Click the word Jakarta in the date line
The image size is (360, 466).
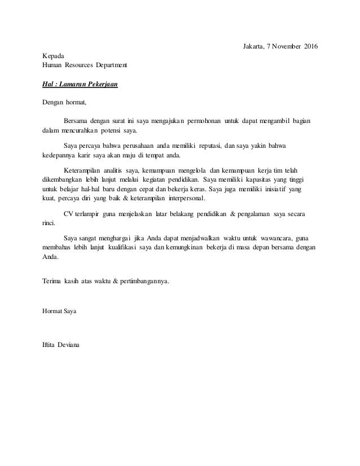246,45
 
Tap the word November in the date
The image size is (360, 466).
280,45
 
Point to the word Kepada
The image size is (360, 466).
54,55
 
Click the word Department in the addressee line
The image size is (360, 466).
110,65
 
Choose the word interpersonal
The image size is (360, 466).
181,199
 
